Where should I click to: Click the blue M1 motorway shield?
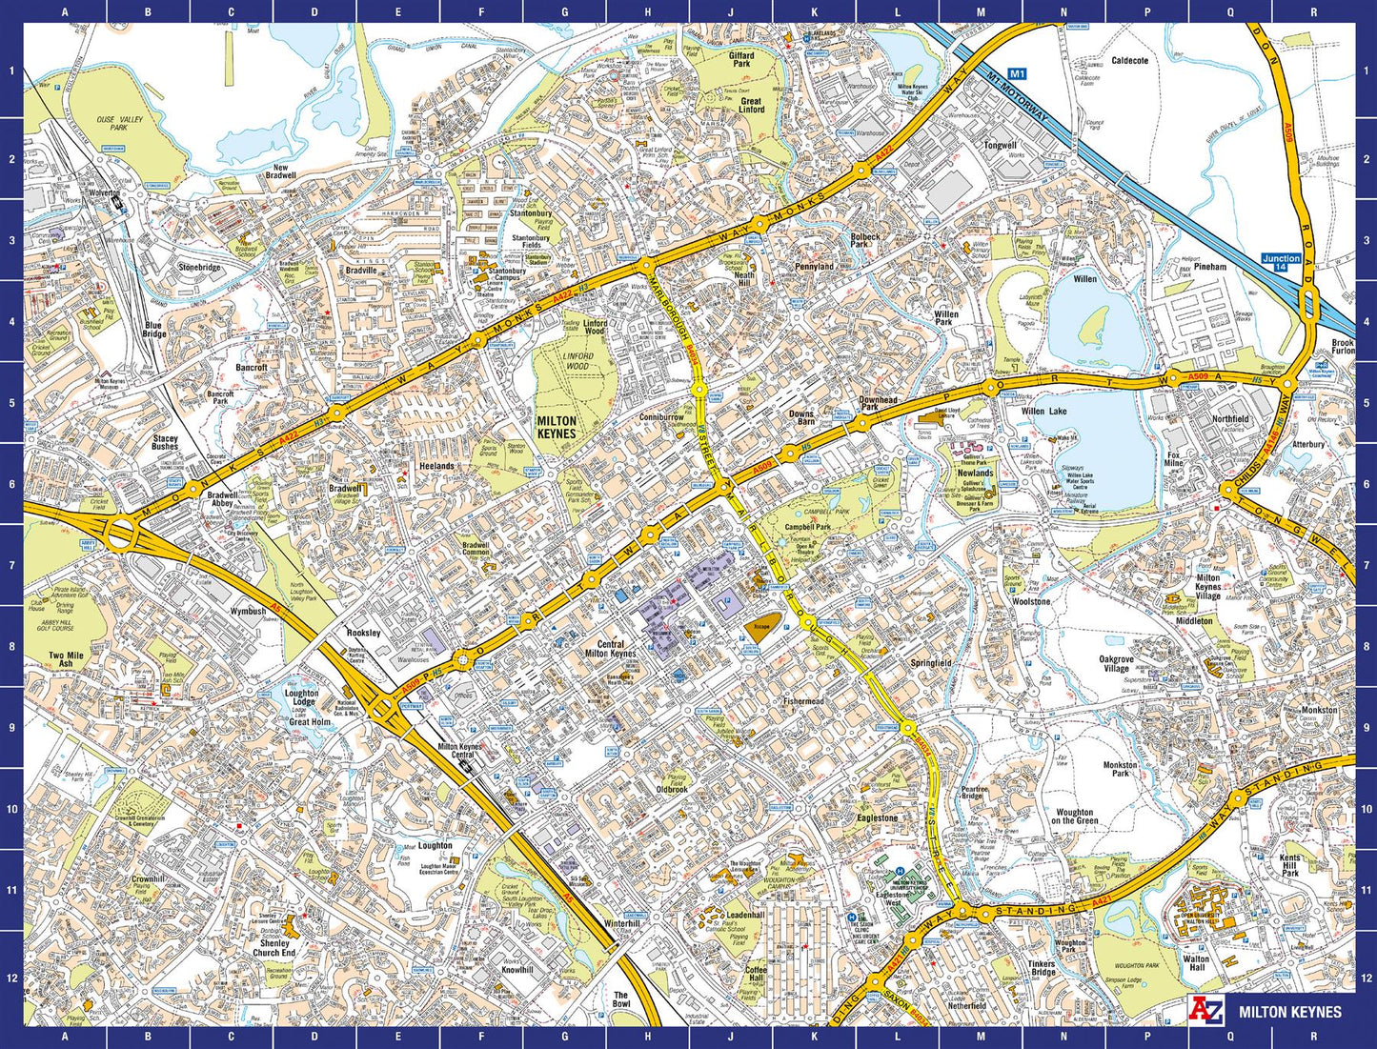pos(1017,73)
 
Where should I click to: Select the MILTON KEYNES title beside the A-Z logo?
pos(1289,1012)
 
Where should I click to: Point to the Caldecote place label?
pos(1130,60)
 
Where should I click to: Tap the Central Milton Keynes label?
pos(610,650)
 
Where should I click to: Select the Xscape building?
pos(760,627)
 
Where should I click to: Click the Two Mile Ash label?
pos(66,659)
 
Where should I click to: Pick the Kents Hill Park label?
pos(1290,865)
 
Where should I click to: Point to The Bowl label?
pos(621,999)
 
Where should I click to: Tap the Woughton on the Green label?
pos(1074,816)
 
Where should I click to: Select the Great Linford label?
pos(751,105)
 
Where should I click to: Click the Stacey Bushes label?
pos(165,442)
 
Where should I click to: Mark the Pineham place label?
pos(1210,267)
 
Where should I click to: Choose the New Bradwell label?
pos(280,171)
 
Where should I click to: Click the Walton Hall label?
pos(1196,963)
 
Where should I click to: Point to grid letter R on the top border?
pos(1313,12)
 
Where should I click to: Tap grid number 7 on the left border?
pos(11,565)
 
